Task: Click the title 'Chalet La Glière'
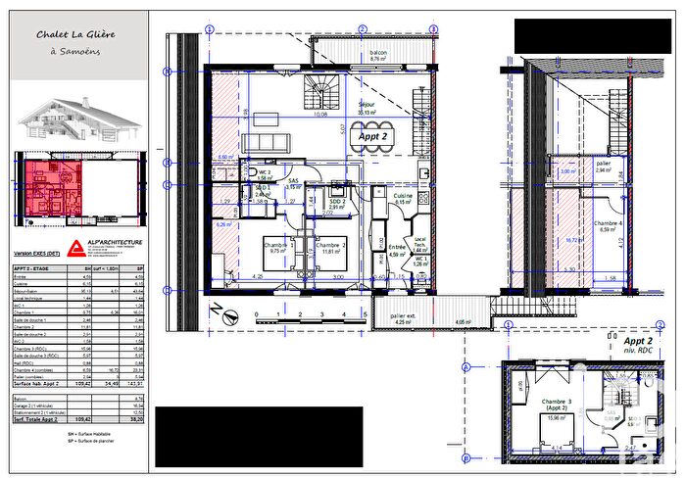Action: pyautogui.click(x=75, y=34)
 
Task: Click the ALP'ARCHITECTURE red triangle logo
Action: pyautogui.click(x=75, y=245)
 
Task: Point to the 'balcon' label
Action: pyautogui.click(x=378, y=53)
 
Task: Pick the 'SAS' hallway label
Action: pyautogui.click(x=292, y=181)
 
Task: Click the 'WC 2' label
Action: pyautogui.click(x=264, y=172)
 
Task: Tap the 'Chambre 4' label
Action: pyautogui.click(x=607, y=225)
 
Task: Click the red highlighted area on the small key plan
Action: pyautogui.click(x=46, y=176)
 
